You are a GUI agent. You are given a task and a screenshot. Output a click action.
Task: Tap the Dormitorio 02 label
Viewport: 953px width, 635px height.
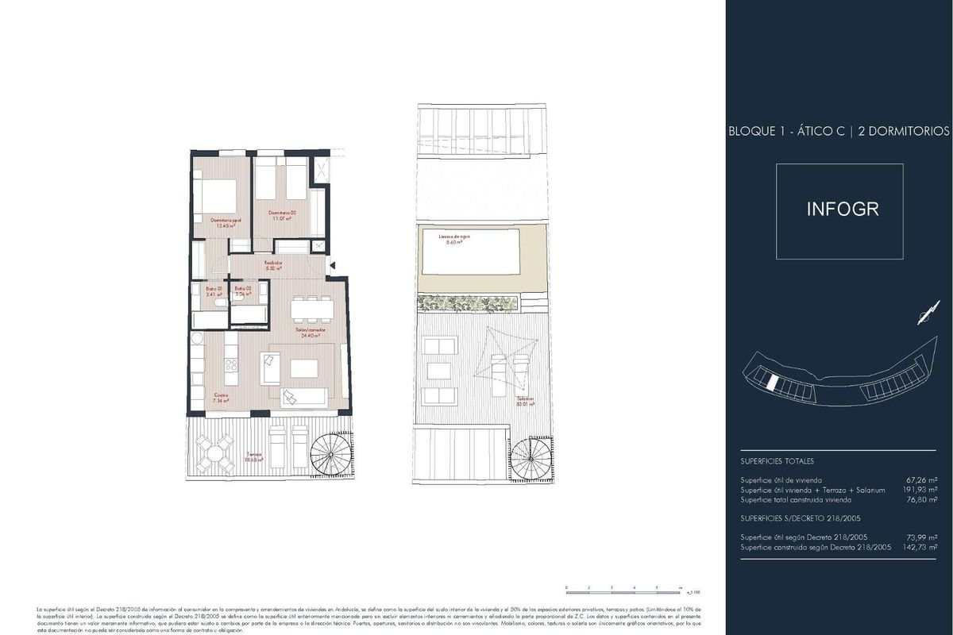282,215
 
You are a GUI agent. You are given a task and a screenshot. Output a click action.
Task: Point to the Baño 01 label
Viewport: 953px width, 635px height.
214,291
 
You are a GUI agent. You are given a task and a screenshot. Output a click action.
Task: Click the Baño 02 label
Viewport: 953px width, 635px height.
243,291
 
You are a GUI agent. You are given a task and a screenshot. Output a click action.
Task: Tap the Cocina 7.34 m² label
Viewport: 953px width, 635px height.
221,398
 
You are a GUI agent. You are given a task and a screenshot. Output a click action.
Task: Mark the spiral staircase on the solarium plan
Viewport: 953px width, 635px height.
529,459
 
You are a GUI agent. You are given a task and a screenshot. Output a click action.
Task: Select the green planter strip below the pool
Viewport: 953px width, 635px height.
469,302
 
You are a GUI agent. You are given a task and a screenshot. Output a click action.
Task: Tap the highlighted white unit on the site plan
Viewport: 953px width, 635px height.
770,383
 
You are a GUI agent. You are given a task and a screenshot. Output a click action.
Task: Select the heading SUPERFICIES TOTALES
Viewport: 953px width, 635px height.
777,461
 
